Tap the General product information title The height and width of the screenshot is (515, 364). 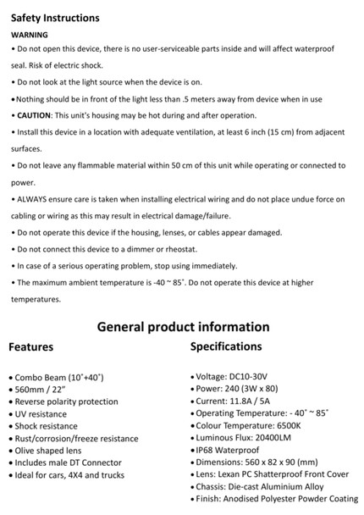click(183, 327)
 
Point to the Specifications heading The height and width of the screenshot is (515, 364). click(226, 346)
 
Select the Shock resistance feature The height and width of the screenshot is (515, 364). click(51, 425)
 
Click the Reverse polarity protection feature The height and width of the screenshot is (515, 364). click(67, 401)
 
